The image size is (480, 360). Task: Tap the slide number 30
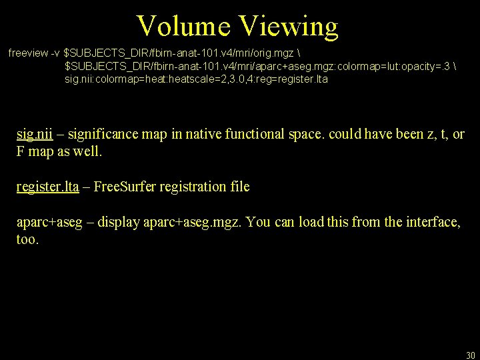470,355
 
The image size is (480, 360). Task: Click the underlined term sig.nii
35,134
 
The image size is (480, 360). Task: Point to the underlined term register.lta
47,187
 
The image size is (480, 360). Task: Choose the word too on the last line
27,239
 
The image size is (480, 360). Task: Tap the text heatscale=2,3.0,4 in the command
206,79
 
